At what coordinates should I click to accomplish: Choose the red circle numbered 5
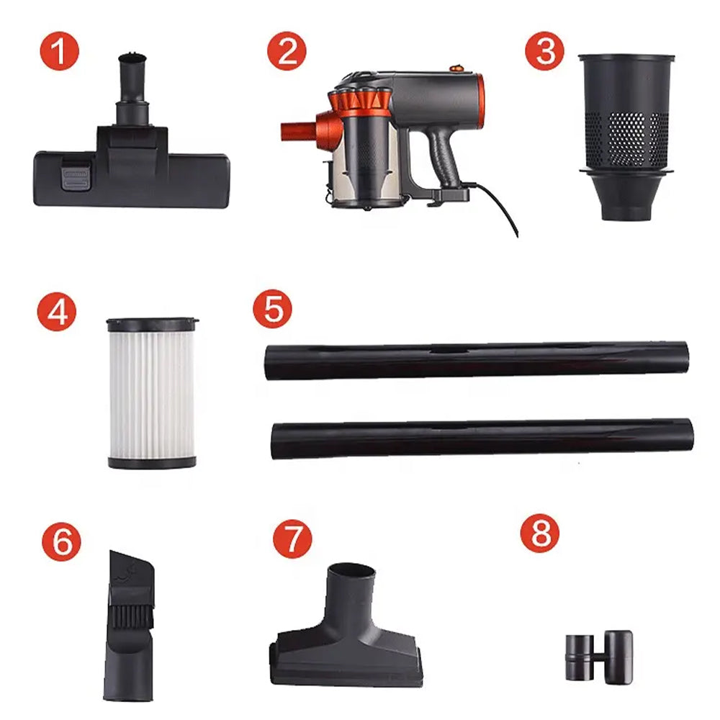[273, 307]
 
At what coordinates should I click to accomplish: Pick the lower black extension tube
[482, 438]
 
